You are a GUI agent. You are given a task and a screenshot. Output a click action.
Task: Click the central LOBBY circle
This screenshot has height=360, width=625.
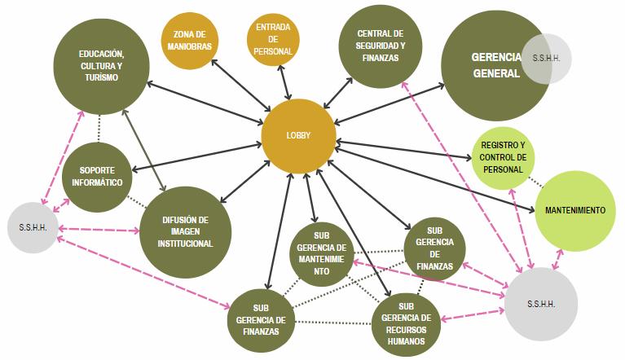pos(298,135)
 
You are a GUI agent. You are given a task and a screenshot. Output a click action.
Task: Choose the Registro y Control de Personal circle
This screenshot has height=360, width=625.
pos(504,157)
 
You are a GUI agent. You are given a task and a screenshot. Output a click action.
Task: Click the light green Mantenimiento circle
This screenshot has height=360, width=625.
pos(575,210)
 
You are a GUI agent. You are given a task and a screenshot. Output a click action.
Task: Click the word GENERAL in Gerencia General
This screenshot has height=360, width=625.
pos(495,73)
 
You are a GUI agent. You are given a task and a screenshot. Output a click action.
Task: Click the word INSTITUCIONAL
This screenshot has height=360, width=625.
pos(187,243)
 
